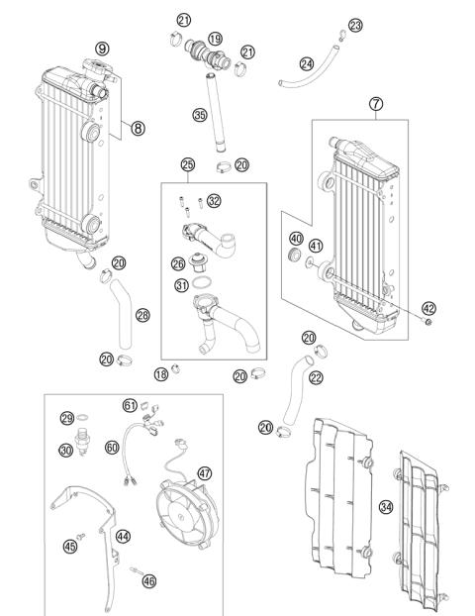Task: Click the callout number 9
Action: click(102, 48)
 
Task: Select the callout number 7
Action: click(375, 103)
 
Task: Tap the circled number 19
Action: click(215, 38)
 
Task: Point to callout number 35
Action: click(199, 116)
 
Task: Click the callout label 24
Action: click(306, 63)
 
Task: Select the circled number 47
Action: click(204, 474)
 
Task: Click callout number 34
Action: click(386, 507)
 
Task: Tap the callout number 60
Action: click(112, 448)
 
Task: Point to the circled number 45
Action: click(70, 544)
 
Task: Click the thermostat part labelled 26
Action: click(206, 264)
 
